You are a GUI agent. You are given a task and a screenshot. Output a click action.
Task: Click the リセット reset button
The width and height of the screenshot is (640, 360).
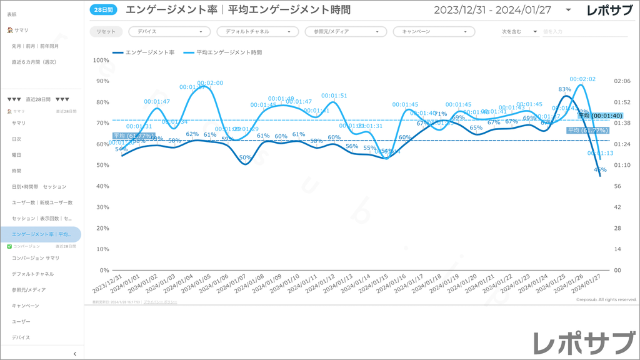(x=106, y=31)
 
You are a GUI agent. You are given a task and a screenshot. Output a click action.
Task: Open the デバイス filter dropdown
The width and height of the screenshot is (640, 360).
(x=169, y=31)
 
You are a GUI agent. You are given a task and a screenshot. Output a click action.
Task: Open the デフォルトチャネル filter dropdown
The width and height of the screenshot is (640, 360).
(x=257, y=31)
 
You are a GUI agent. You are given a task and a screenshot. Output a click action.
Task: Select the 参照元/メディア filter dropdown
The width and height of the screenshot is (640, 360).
(x=346, y=31)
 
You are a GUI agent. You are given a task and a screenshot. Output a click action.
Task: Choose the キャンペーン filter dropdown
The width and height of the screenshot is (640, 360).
(x=434, y=31)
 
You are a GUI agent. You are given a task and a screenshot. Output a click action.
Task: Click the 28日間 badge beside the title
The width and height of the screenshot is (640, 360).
(x=103, y=9)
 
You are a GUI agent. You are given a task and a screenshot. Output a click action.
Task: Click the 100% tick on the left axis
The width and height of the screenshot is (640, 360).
(x=101, y=60)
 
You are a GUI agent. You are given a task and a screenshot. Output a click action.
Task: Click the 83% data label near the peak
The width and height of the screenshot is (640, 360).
(x=564, y=89)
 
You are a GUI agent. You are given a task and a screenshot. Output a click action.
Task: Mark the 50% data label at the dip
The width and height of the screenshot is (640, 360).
(x=246, y=158)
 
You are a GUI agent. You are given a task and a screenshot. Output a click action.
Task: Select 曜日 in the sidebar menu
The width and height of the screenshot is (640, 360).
(x=17, y=154)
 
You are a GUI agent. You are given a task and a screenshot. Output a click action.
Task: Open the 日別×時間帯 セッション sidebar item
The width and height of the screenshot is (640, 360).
(x=39, y=186)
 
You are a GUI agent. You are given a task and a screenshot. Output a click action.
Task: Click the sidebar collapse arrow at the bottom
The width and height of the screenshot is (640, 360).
(x=75, y=354)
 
